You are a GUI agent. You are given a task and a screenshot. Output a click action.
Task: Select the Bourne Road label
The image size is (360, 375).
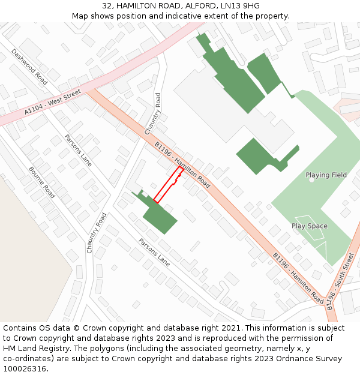[42, 182]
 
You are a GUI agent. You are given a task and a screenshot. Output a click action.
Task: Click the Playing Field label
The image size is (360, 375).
[326, 175]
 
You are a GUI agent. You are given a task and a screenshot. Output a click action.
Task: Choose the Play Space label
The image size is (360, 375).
[310, 226]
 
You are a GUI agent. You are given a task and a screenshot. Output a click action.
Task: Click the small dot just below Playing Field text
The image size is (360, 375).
[312, 180]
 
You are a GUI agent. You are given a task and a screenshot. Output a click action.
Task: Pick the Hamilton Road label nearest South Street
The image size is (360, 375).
[298, 277]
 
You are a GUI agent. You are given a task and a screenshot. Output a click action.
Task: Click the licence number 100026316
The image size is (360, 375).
[26, 369]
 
